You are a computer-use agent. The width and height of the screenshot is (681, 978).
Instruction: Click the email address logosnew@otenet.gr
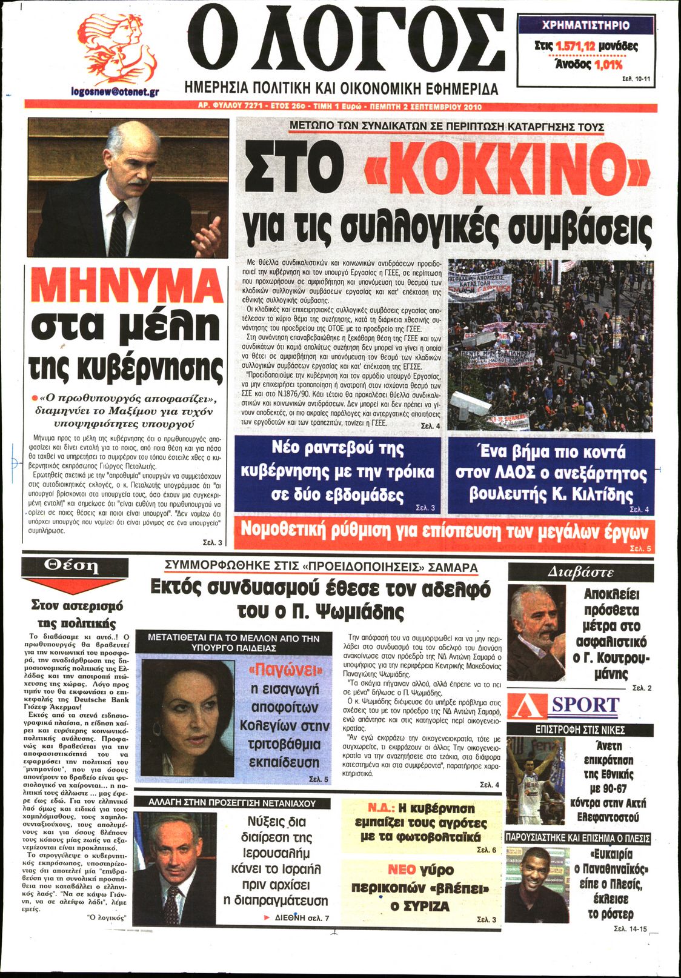[115, 92]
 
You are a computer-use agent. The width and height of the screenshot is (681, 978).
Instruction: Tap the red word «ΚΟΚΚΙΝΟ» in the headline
[508, 173]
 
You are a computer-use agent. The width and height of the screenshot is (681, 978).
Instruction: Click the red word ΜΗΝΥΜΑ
[127, 285]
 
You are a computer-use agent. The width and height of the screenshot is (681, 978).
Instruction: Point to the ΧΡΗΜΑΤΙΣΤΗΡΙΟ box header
[585, 25]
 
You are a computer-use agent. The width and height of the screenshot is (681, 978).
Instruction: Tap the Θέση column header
[71, 566]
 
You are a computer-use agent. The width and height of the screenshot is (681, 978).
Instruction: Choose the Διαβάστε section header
[580, 572]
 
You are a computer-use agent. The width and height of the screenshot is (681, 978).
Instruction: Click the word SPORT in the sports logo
[585, 705]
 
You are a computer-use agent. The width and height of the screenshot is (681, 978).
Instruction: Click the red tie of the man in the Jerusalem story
[171, 902]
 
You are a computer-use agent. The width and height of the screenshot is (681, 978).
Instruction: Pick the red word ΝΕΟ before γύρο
[402, 870]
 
